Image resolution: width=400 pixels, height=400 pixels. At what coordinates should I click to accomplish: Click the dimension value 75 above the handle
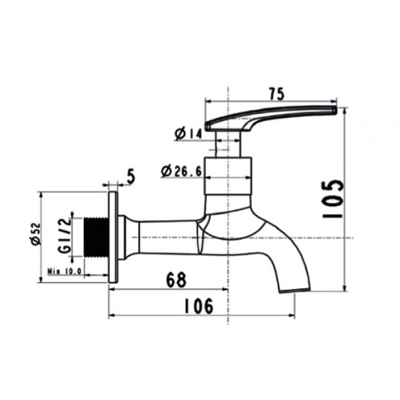[276, 94]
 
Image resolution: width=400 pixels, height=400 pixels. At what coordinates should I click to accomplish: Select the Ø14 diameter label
[188, 133]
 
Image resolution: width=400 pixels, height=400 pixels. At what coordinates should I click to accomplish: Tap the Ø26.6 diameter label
[182, 172]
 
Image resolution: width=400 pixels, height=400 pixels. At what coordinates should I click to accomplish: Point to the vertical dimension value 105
[334, 198]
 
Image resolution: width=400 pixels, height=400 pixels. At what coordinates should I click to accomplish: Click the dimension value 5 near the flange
[130, 176]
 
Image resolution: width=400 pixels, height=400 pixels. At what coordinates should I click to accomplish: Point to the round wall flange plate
[114, 237]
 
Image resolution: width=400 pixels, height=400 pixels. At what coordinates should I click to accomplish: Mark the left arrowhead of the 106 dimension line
[111, 315]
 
